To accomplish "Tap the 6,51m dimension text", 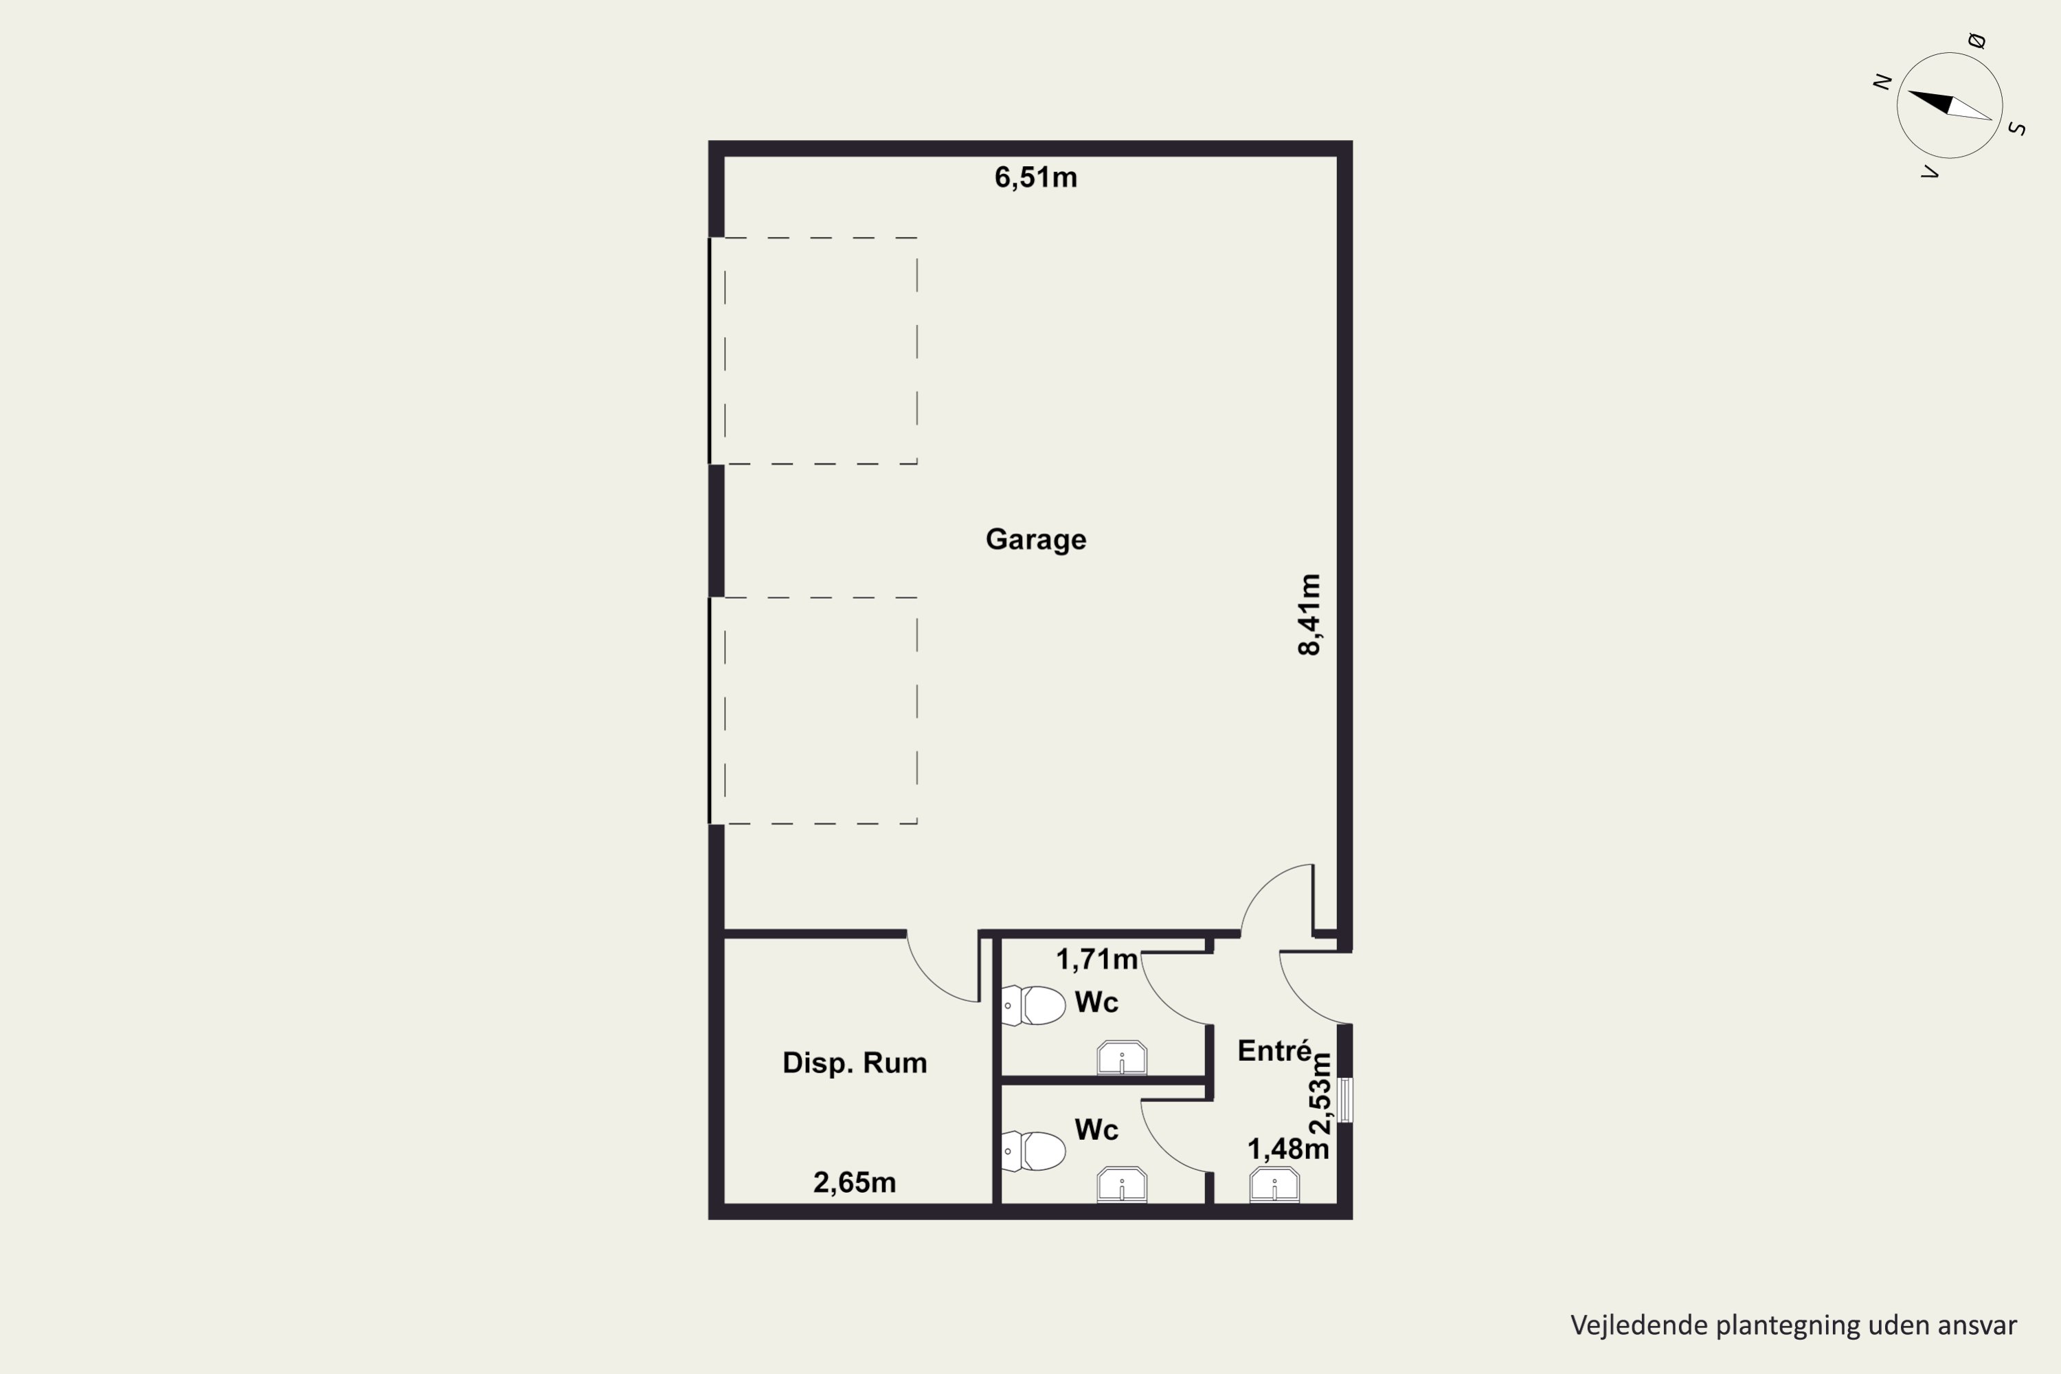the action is coord(1036,178).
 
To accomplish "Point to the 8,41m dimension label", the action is coord(1309,614).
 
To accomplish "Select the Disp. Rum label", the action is coord(855,1063).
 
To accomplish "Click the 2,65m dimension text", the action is coord(855,1183).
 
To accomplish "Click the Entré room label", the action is coord(1275,1050).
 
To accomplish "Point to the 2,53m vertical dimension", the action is coord(1320,1094).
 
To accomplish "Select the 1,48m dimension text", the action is coord(1288,1149).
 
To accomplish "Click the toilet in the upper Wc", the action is coord(1034,1005).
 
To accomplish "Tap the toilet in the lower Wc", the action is coord(1034,1151).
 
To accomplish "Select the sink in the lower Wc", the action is coord(1122,1184).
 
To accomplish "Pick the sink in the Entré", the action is coord(1274,1184).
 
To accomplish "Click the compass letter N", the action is coord(1882,82).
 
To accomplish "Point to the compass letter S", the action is coord(2016,129).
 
